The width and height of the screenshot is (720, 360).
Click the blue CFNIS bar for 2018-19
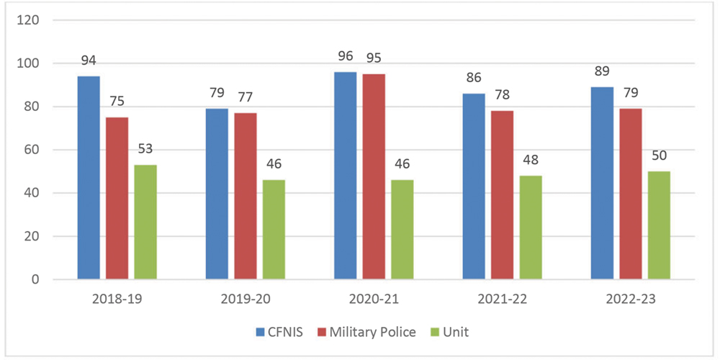coord(89,178)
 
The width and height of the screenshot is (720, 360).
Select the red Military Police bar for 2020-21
coord(374,176)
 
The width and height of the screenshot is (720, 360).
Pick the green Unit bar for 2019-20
coord(274,230)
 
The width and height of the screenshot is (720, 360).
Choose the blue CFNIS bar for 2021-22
coord(474,186)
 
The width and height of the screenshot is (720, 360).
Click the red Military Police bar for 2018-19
coord(117,198)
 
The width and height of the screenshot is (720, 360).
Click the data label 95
coord(374,57)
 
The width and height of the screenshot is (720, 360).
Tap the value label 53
coord(145,148)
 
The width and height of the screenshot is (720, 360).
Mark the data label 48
coord(531,159)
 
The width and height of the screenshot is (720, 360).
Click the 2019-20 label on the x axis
coord(246,297)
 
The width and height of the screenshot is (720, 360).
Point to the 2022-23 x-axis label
coord(631,297)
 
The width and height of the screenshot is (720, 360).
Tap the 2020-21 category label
coord(374,297)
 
